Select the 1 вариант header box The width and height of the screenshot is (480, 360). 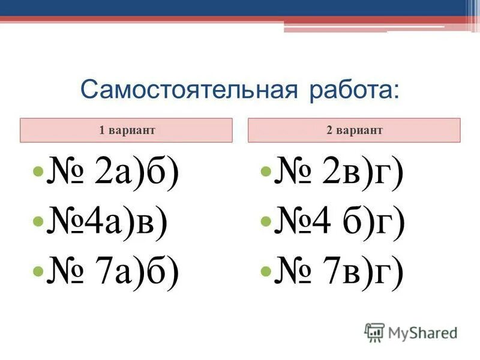126,130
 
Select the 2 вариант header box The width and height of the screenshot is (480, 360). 355,130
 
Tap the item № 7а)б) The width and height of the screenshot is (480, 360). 112,271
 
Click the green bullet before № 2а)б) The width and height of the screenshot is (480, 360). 37,173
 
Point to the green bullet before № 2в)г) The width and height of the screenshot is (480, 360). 266,173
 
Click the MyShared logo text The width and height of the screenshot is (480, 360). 422,332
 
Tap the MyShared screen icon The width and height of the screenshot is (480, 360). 374,332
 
